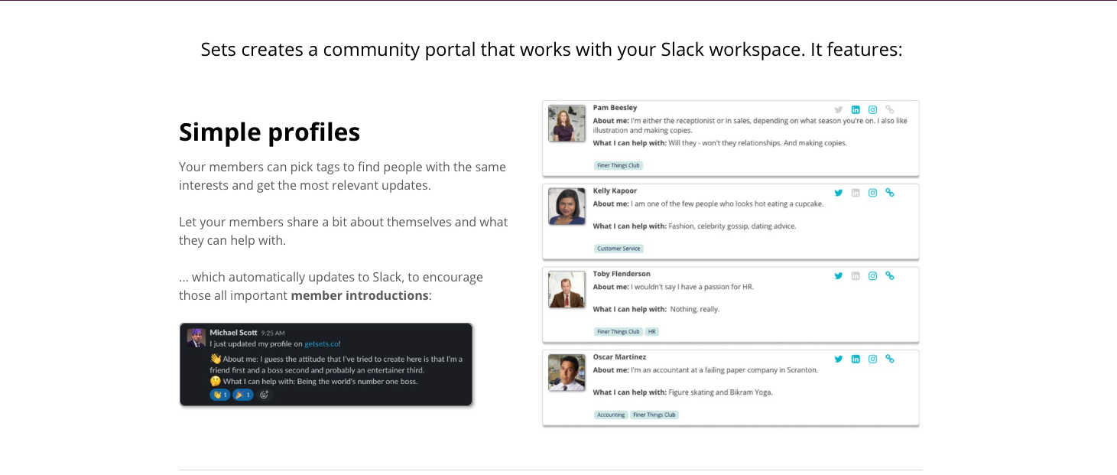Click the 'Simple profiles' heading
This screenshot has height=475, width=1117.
(x=269, y=132)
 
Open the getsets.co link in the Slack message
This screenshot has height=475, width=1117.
(x=322, y=343)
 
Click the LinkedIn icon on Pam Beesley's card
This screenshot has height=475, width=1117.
(x=856, y=110)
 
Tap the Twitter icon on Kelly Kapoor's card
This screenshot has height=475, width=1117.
(x=838, y=193)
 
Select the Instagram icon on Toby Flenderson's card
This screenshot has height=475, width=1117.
(x=872, y=276)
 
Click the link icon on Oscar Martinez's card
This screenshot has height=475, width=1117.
(x=890, y=359)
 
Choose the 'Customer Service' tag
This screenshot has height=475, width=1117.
(x=619, y=249)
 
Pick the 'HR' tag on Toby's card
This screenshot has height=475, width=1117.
(x=651, y=332)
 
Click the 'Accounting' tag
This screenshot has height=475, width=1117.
(x=610, y=415)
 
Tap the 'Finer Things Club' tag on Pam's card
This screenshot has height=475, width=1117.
(x=618, y=166)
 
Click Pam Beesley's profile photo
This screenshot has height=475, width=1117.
(x=567, y=123)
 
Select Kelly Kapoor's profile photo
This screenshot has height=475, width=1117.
(x=567, y=206)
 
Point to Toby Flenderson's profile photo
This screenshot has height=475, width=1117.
(x=567, y=289)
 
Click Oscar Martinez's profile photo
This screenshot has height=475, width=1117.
(x=567, y=373)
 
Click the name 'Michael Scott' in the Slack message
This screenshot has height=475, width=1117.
(x=233, y=333)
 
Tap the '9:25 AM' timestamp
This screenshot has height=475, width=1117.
(x=273, y=333)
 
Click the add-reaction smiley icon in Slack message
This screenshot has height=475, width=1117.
(x=264, y=395)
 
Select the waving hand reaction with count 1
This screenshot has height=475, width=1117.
(x=220, y=395)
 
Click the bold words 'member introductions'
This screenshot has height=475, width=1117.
(x=359, y=295)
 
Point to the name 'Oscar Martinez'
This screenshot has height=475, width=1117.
(x=619, y=356)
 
